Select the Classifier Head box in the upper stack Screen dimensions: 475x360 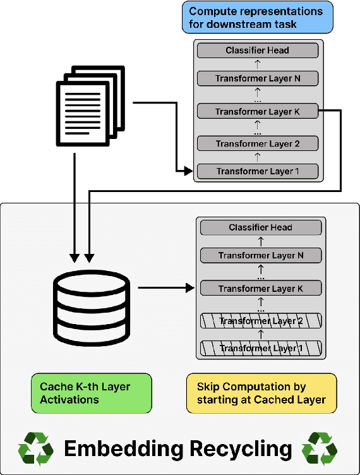coord(258,50)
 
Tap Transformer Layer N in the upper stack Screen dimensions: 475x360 coord(258,79)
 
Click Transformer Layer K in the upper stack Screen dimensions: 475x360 coord(258,111)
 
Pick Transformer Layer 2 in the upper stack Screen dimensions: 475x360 coord(258,143)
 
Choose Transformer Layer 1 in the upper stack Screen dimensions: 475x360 coord(258,171)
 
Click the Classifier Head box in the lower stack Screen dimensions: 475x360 coord(261,227)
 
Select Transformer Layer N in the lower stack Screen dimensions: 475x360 coord(261,256)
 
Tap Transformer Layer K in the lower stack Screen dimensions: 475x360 coord(261,289)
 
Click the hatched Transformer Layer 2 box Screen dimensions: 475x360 coord(261,321)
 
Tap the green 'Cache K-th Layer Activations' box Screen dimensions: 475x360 coord(92,393)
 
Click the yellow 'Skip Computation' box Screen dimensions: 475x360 coord(261,393)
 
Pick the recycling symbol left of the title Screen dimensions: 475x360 coord(36,449)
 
